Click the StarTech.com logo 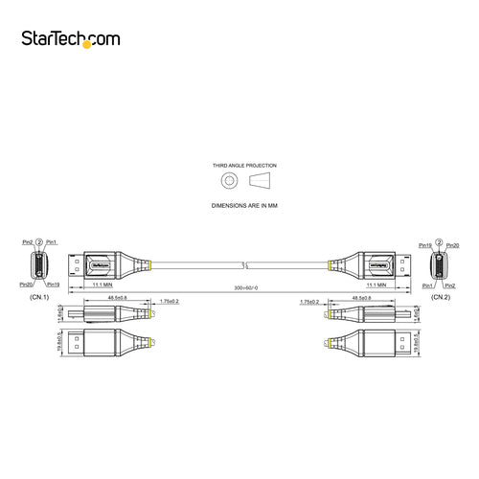point(83,38)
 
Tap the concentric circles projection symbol point(227,181)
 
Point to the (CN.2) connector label point(440,298)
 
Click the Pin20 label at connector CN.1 point(25,285)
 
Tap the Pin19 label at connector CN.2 point(424,245)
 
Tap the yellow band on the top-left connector point(150,263)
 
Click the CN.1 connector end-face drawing point(38,264)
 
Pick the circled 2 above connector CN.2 point(439,243)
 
